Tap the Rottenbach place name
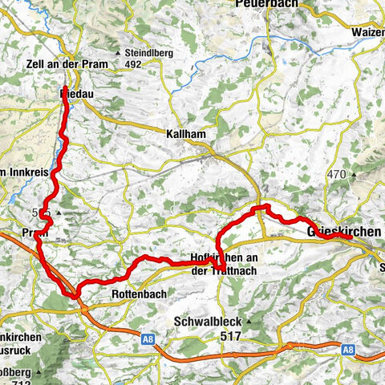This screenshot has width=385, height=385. pyautogui.click(x=140, y=294)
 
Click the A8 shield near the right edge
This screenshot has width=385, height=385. pyautogui.click(x=346, y=349)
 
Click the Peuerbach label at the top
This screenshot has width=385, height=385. pyautogui.click(x=264, y=5)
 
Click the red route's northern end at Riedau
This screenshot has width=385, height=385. pyautogui.click(x=64, y=87)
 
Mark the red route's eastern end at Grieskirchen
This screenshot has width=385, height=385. pyautogui.click(x=351, y=237)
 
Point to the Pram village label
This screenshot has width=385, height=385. pyautogui.click(x=37, y=232)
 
